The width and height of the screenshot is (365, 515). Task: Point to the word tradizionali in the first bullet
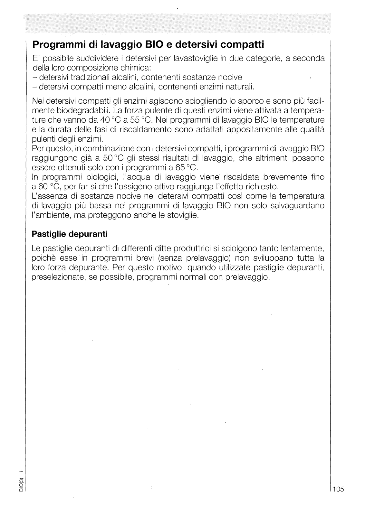(91, 78)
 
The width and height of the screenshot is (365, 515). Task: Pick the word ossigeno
(149, 187)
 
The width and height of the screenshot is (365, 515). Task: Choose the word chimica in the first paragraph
(133, 69)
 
